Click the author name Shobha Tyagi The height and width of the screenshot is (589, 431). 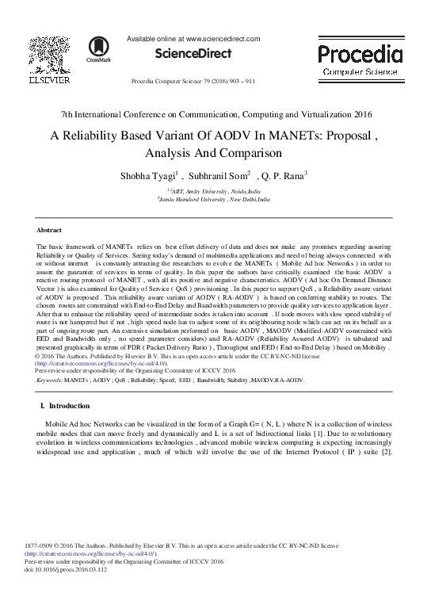[x=151, y=175]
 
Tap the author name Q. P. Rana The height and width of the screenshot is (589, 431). [x=280, y=175]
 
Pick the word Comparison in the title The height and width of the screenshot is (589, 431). [x=248, y=152]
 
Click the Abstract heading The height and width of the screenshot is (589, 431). [x=50, y=228]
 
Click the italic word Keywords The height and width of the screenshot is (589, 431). [x=49, y=380]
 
